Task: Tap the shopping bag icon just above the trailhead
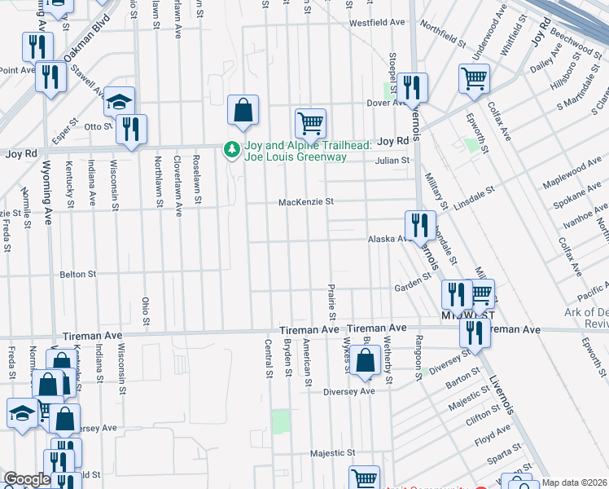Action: pyautogui.click(x=243, y=110)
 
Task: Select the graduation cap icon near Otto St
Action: pyautogui.click(x=119, y=103)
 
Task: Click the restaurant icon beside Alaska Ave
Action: pyautogui.click(x=419, y=226)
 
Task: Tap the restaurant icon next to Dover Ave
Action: pyautogui.click(x=412, y=87)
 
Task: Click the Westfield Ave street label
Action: pyautogui.click(x=377, y=23)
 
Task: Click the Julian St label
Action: pyautogui.click(x=392, y=161)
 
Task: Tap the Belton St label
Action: pyautogui.click(x=78, y=275)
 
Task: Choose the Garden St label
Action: pyautogui.click(x=412, y=283)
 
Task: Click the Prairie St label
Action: pyautogui.click(x=332, y=302)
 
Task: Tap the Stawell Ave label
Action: pyautogui.click(x=87, y=81)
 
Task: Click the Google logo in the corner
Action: pyautogui.click(x=26, y=479)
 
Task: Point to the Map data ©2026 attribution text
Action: pyautogui.click(x=574, y=482)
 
